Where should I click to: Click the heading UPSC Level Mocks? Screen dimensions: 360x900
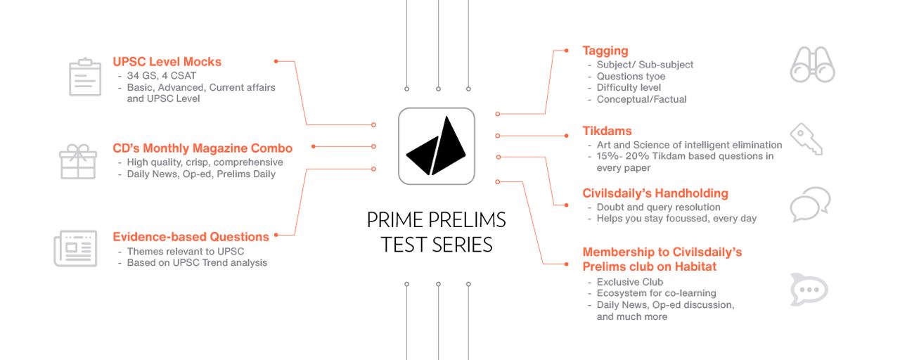(167, 62)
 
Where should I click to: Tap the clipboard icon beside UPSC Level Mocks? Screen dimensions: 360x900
(85, 77)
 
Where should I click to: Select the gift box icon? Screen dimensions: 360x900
(77, 162)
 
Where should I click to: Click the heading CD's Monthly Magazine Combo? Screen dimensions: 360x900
(202, 148)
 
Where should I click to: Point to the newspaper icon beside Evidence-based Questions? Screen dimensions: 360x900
(75, 248)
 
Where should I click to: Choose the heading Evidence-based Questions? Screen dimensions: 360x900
(191, 237)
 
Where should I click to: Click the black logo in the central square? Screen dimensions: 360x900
(436, 146)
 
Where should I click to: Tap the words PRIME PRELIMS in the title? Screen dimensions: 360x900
(436, 220)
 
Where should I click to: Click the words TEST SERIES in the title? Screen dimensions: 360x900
(436, 245)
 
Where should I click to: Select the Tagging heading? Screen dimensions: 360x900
(605, 51)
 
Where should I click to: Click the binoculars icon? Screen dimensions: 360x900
(812, 65)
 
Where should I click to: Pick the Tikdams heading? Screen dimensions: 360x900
(607, 131)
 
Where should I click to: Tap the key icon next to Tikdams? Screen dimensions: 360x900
(806, 139)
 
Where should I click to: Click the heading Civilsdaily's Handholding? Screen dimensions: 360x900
(655, 193)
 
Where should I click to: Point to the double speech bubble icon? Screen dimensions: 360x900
(810, 205)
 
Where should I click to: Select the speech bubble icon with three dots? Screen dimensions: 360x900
(809, 289)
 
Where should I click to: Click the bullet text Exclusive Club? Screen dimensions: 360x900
(630, 282)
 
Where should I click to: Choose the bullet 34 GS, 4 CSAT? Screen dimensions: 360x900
(161, 76)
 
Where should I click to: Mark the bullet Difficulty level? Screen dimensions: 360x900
(629, 88)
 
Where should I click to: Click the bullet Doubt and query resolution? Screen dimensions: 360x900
(658, 207)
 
